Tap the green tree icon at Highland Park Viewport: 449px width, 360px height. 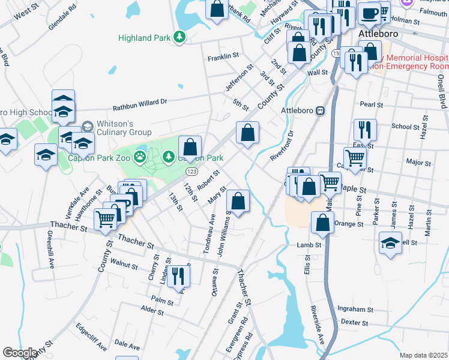click(x=179, y=38)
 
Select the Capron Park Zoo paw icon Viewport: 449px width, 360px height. click(x=140, y=158)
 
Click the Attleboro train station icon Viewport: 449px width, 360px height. click(x=321, y=110)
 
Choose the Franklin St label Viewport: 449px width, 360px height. click(x=223, y=58)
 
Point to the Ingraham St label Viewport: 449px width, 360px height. click(x=355, y=309)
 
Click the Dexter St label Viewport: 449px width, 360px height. click(x=354, y=322)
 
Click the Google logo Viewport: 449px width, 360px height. click(x=20, y=353)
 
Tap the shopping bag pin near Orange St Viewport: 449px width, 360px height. click(x=323, y=223)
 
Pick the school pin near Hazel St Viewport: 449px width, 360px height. click(x=391, y=243)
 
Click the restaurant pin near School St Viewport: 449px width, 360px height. click(x=365, y=129)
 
